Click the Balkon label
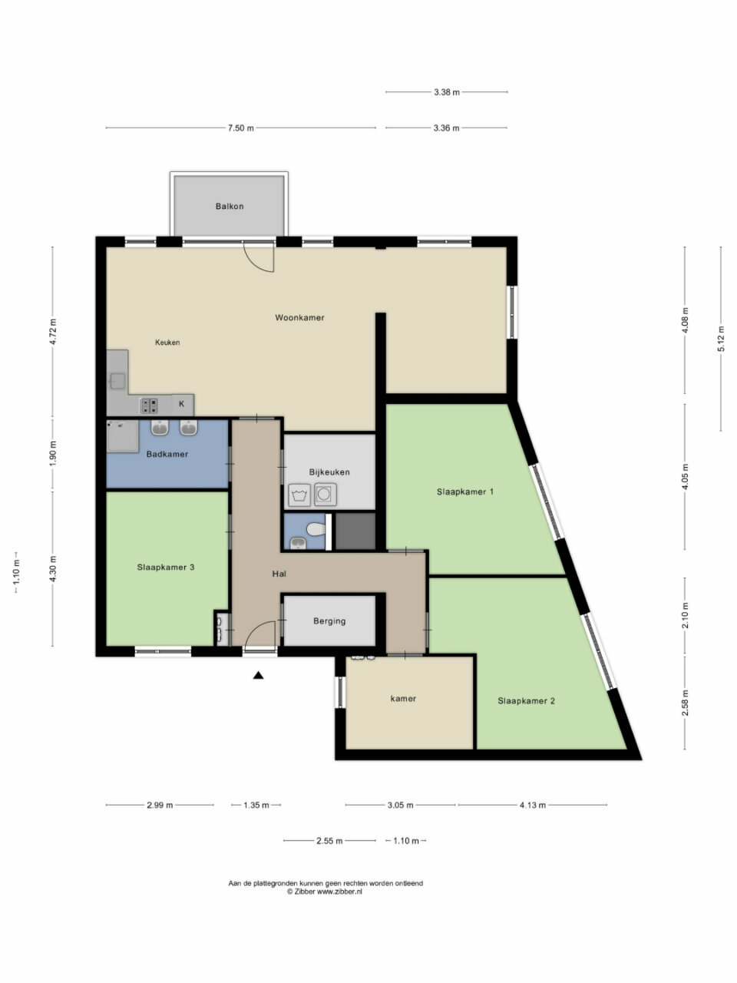point(229,207)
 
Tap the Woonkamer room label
point(299,317)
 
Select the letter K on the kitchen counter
point(182,404)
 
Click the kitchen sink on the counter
point(117,381)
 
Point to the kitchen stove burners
point(150,405)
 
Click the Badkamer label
point(167,454)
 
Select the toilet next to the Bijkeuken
point(316,530)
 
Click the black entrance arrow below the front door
point(258,675)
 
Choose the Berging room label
point(329,621)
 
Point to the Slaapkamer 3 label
point(166,568)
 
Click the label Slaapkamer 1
point(465,491)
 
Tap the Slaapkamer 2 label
point(526,701)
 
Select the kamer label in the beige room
point(403,698)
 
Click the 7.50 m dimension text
point(241,128)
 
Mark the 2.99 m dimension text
point(160,805)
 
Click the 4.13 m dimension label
point(533,805)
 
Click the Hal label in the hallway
point(279,574)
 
